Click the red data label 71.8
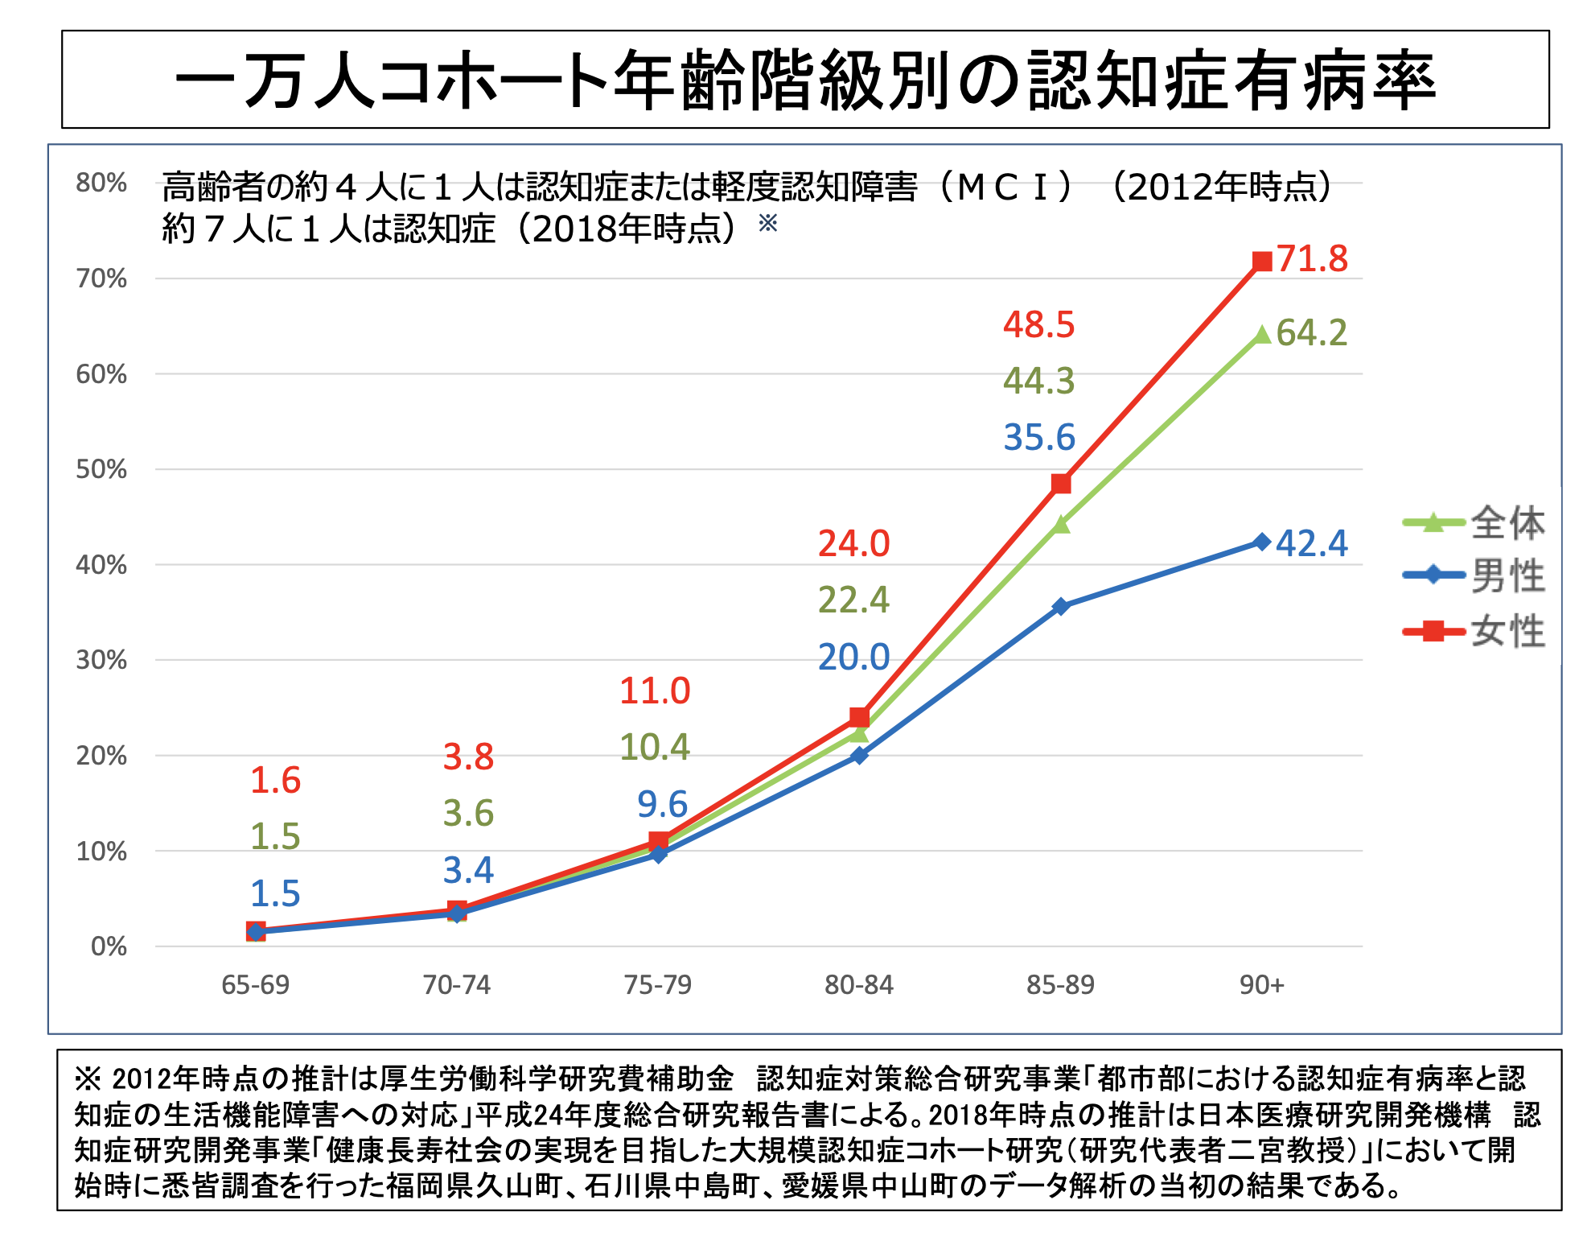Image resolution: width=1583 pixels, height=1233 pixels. click(x=1312, y=259)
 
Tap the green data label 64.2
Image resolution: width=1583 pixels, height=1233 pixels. click(x=1312, y=333)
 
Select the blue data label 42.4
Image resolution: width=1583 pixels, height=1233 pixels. click(x=1312, y=543)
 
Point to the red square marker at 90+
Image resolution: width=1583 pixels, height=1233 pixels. click(x=1262, y=262)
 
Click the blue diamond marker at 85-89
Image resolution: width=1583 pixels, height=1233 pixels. click(x=1061, y=606)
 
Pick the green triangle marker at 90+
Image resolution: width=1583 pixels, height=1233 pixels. click(x=1262, y=335)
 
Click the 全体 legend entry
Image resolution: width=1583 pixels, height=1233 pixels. click(x=1507, y=523)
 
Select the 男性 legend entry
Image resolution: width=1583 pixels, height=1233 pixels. click(x=1507, y=576)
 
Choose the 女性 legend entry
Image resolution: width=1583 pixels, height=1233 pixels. click(x=1507, y=631)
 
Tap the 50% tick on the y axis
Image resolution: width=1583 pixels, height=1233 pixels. click(x=101, y=469)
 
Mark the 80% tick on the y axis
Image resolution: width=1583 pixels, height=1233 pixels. click(x=101, y=183)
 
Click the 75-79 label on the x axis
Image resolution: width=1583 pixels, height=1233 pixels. click(x=658, y=984)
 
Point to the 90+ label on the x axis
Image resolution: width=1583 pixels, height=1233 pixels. click(x=1261, y=984)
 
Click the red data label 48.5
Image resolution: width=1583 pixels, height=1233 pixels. click(x=1039, y=325)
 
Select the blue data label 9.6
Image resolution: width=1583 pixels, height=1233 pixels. click(x=663, y=804)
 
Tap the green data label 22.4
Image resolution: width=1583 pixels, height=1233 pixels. click(x=854, y=600)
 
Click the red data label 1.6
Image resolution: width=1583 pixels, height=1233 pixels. click(x=276, y=780)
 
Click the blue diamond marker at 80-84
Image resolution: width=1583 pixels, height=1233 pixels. click(x=859, y=756)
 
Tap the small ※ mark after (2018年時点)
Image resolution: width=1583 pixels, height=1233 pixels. click(x=768, y=222)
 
